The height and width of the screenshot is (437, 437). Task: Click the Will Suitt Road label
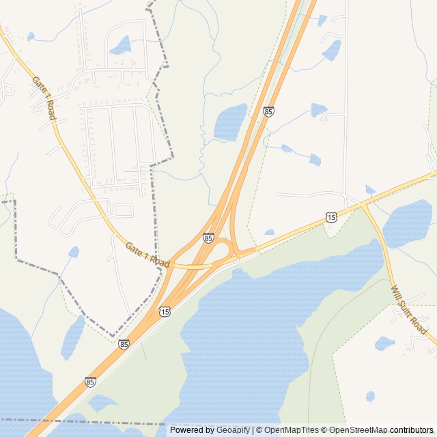[410, 311]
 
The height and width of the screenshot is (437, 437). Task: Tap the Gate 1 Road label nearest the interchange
[147, 254]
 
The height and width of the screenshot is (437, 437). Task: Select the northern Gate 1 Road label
[42, 98]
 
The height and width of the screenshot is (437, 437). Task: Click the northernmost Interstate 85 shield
[268, 111]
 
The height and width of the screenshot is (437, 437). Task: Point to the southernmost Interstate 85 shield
[90, 382]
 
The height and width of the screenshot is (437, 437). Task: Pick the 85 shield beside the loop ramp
[208, 238]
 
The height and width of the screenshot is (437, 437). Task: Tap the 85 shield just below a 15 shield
[124, 345]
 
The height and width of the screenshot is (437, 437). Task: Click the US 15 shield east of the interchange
[331, 217]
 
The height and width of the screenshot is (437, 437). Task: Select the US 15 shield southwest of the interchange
[165, 312]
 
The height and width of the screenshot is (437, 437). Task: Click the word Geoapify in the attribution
[234, 430]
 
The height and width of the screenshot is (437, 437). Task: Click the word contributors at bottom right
[412, 430]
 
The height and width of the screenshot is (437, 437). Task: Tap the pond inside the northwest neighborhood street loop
[122, 46]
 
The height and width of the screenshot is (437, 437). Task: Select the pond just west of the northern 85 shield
[230, 122]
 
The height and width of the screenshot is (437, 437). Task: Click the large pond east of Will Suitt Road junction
[408, 224]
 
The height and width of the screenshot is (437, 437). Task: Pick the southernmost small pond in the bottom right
[370, 396]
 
